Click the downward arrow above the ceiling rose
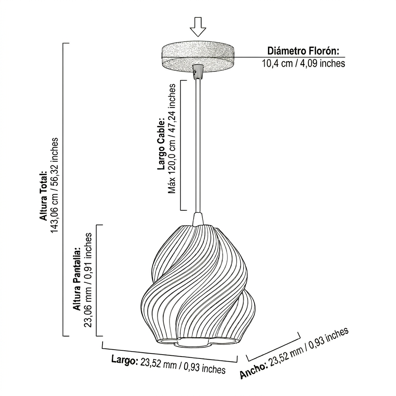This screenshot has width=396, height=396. coord(198,27)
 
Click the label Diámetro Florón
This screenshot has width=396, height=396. coord(303,51)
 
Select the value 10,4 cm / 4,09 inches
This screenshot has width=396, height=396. coord(303,63)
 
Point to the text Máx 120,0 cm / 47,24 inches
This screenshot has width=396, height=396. coord(172,139)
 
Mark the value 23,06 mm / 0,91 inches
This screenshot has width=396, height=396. coord(87,280)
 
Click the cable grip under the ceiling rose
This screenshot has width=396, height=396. coord(198,72)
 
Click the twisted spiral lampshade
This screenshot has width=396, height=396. coord(198,283)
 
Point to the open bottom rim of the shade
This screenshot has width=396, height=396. coord(198,342)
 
